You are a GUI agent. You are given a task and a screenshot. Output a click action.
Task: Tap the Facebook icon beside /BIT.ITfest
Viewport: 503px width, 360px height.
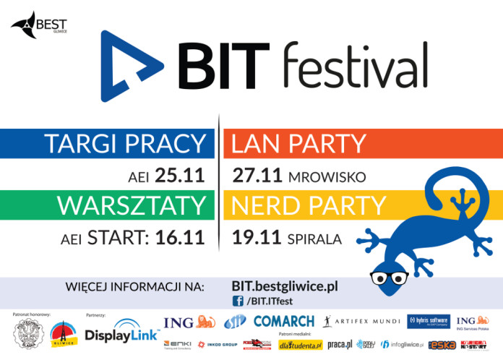(x=237, y=301)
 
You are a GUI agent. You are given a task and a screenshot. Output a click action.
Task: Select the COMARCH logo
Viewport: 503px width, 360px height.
(x=283, y=321)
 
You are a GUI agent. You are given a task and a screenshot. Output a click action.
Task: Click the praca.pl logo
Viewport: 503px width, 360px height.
(x=340, y=344)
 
